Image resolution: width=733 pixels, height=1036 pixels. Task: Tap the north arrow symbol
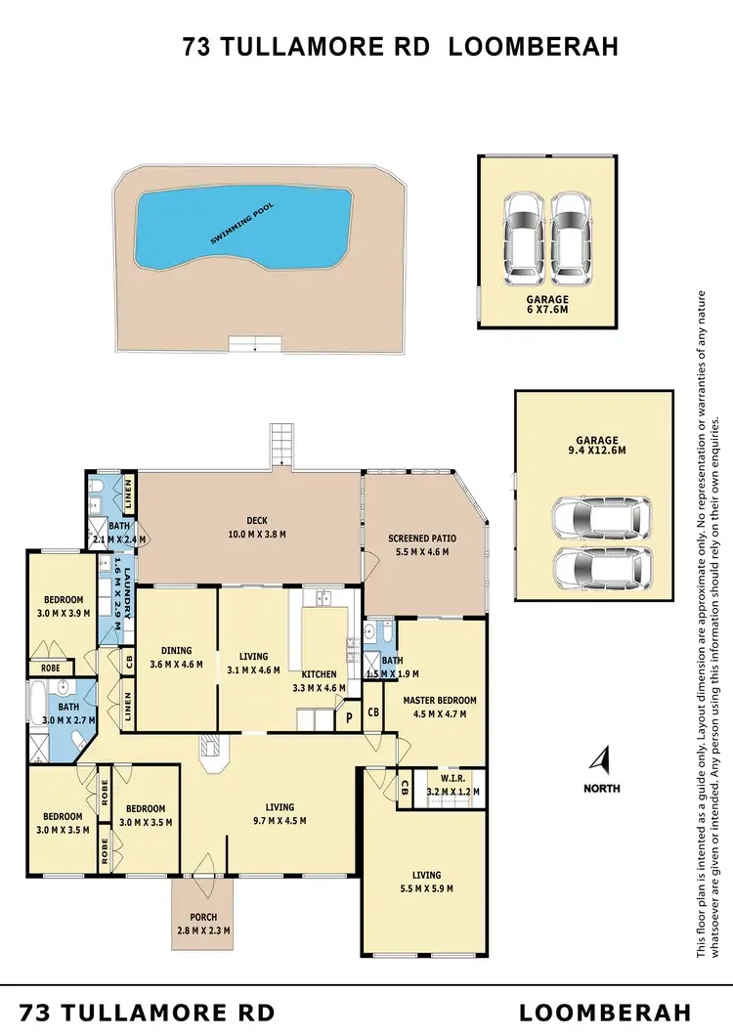(x=603, y=759)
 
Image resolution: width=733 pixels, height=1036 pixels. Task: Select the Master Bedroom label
(x=440, y=701)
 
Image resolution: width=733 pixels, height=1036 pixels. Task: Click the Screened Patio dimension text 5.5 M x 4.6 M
(x=422, y=551)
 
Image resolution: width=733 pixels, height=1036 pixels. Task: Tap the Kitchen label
(x=320, y=674)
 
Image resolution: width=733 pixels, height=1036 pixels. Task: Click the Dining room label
(x=177, y=651)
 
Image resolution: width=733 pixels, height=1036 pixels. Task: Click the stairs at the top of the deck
(x=280, y=445)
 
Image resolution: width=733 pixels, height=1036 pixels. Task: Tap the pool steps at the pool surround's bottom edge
(x=254, y=343)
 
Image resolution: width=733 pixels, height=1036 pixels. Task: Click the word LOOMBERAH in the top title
(x=533, y=48)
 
